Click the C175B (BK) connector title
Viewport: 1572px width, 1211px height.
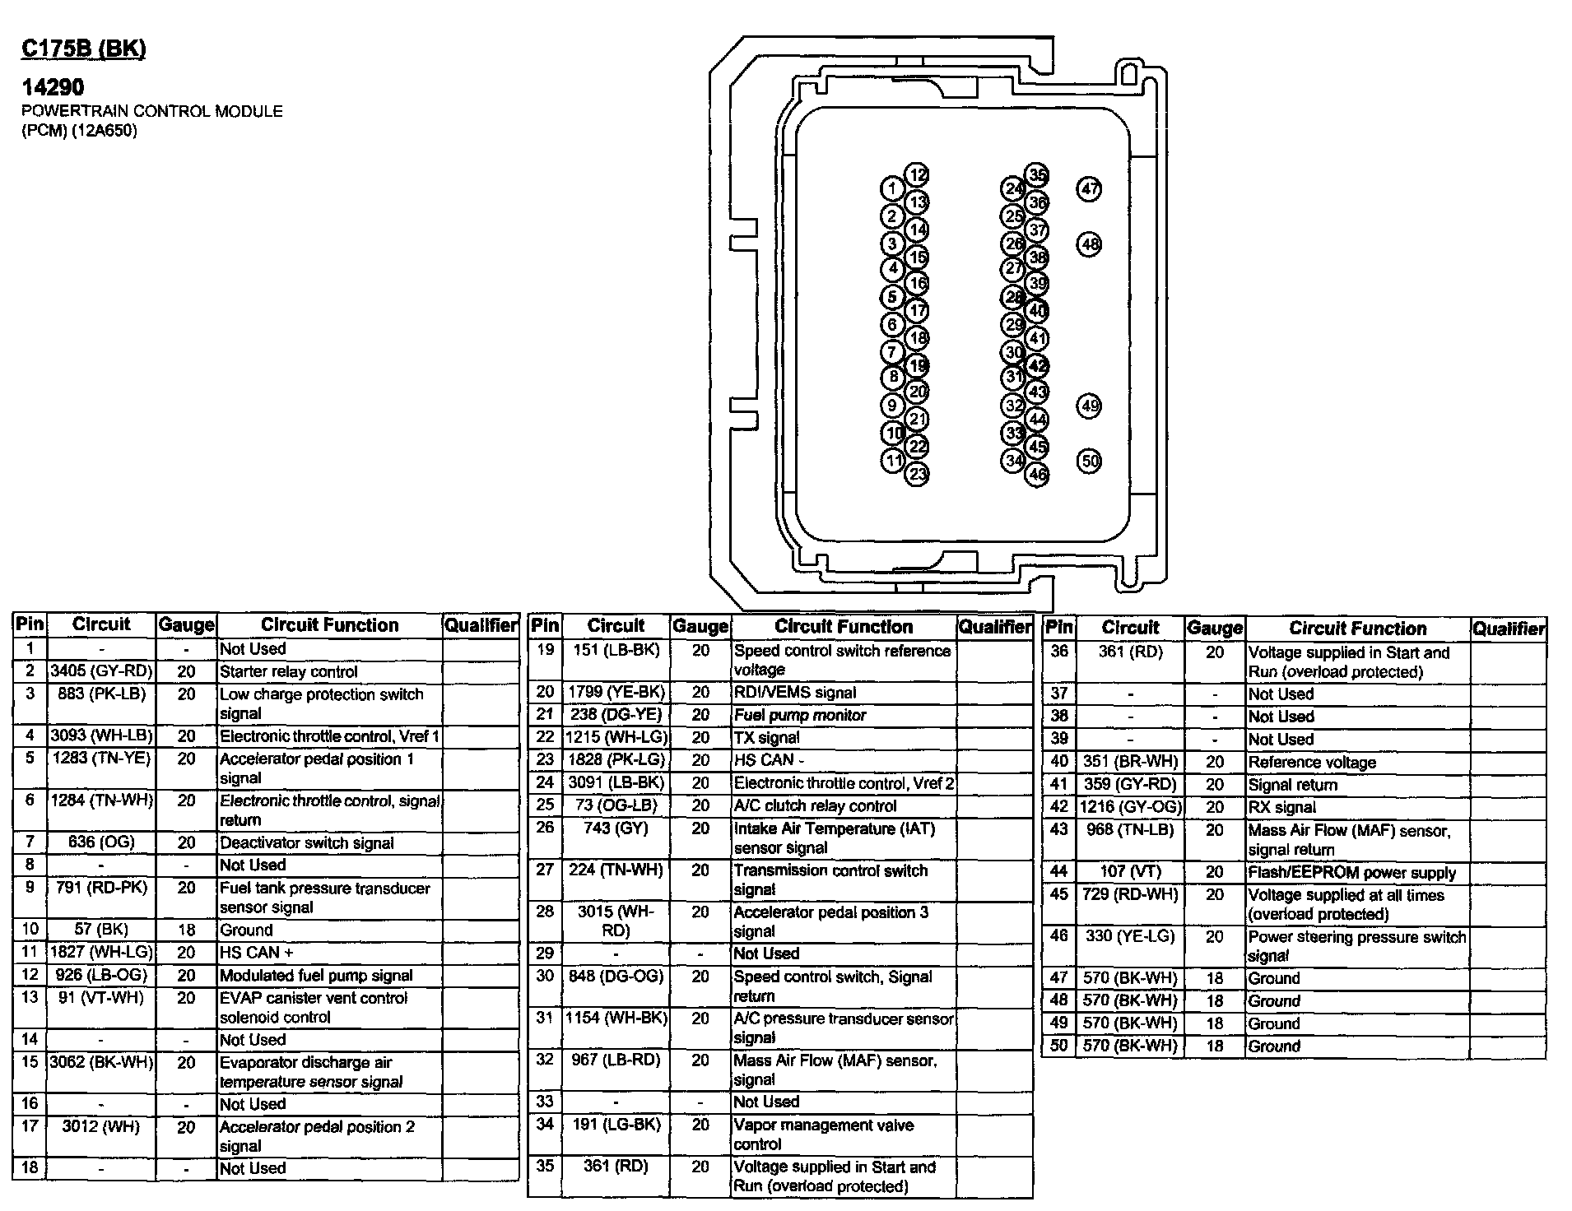click(x=83, y=49)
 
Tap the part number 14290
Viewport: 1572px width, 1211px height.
click(x=53, y=86)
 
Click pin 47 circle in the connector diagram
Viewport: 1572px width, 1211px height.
click(x=1089, y=189)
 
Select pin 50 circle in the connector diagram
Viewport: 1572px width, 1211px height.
click(x=1089, y=461)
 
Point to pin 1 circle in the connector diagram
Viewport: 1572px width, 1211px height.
click(x=892, y=189)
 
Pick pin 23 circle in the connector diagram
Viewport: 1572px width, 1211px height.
click(x=917, y=474)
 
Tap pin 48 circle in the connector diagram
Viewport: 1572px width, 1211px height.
click(x=1089, y=244)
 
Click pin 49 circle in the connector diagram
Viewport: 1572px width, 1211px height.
click(x=1089, y=406)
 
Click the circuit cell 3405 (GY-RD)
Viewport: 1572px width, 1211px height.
click(x=101, y=671)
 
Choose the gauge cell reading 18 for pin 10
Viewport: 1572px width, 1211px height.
click(x=187, y=930)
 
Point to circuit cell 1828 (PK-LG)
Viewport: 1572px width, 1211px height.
click(x=616, y=760)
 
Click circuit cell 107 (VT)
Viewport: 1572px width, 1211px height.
click(x=1130, y=872)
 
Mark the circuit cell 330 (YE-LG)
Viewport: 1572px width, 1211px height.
click(x=1130, y=936)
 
